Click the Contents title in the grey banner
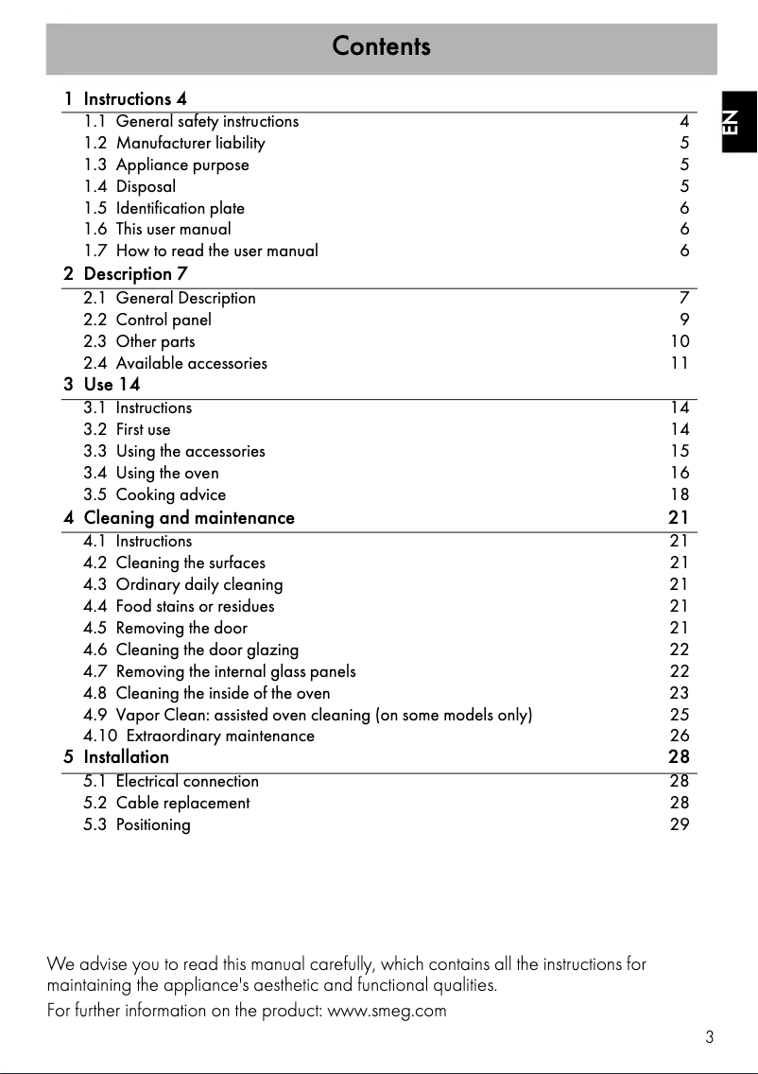point(381,46)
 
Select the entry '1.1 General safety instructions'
point(191,121)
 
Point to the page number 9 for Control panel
point(684,320)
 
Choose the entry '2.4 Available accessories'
point(175,363)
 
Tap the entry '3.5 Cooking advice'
point(155,494)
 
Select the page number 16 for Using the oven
point(680,473)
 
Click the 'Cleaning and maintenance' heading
point(189,518)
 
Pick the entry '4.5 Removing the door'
point(165,628)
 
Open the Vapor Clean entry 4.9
point(308,715)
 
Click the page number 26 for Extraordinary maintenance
point(680,736)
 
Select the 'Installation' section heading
point(126,757)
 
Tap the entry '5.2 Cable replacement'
point(166,803)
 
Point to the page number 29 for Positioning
point(680,824)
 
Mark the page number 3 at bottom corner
point(709,1037)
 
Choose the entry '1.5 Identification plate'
point(164,208)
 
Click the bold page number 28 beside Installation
point(679,757)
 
